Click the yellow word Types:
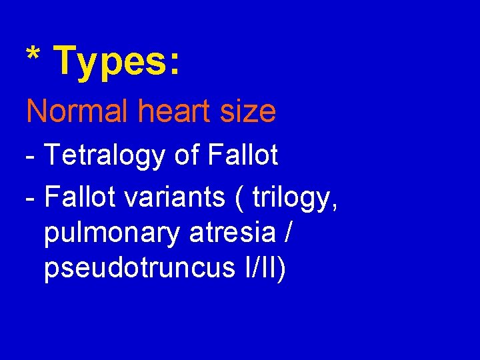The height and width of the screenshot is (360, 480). click(x=116, y=61)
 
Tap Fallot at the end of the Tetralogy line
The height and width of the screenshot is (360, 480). click(x=243, y=155)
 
